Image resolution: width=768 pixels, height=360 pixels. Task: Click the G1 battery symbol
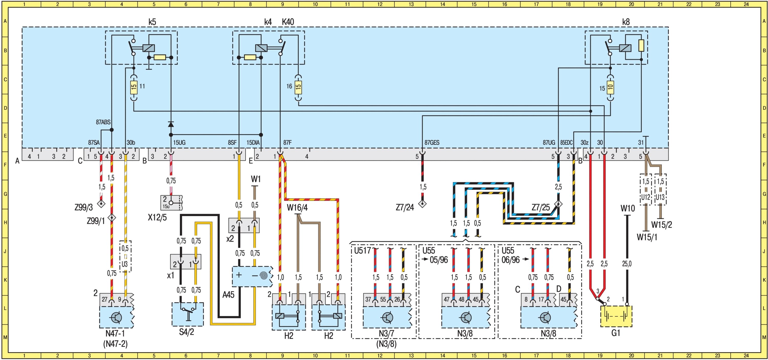coord(616,316)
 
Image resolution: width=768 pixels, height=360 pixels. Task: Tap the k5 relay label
coord(152,22)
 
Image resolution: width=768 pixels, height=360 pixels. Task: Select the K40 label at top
coord(288,22)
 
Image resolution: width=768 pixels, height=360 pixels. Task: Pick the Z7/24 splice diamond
coord(422,204)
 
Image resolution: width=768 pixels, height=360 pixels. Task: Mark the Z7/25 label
coord(540,208)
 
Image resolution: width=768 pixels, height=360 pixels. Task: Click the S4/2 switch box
coord(188,314)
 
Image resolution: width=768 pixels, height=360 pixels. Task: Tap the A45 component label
coord(228,295)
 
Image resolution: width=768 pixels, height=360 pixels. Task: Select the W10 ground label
coord(627,208)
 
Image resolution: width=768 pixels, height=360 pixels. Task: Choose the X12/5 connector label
coord(157,217)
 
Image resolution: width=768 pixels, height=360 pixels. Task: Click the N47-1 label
coord(115,333)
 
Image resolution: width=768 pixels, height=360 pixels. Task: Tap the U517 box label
coord(362,251)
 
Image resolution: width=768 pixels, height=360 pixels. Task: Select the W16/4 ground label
coord(297,208)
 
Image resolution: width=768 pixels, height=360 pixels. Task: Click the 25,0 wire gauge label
coord(627,264)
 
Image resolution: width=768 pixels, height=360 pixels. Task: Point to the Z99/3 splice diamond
coord(101,204)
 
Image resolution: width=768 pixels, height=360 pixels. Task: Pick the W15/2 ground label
coord(662,225)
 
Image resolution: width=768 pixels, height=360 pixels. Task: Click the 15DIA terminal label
coord(253,143)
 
